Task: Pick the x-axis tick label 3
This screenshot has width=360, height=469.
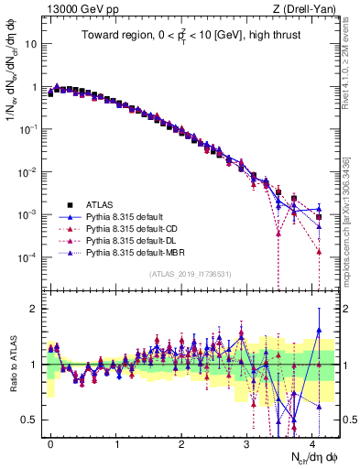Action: pyautogui.click(x=247, y=442)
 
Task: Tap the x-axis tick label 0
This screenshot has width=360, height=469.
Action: pyautogui.click(x=50, y=442)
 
